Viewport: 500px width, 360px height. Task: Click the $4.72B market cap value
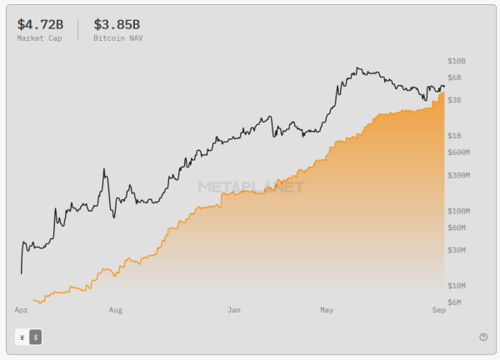pyautogui.click(x=40, y=24)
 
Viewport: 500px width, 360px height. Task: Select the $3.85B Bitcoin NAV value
pyautogui.click(x=117, y=24)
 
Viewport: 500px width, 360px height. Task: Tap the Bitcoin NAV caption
pyautogui.click(x=117, y=38)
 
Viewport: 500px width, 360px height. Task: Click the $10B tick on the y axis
pyautogui.click(x=457, y=62)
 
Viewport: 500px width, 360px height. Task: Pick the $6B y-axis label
pyautogui.click(x=454, y=78)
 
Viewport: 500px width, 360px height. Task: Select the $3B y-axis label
pyautogui.click(x=454, y=100)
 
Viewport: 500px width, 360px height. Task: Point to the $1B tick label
pyautogui.click(x=454, y=135)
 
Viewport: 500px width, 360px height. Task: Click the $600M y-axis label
pyautogui.click(x=459, y=152)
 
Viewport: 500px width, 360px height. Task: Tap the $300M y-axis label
pyautogui.click(x=459, y=176)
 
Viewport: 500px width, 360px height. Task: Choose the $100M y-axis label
pyautogui.click(x=459, y=211)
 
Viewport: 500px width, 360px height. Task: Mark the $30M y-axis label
pyautogui.click(x=457, y=250)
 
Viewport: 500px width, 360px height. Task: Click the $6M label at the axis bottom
pyautogui.click(x=454, y=302)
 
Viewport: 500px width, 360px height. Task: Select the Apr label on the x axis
pyautogui.click(x=22, y=310)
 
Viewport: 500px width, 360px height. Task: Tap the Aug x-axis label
pyautogui.click(x=116, y=310)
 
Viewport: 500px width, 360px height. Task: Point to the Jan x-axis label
pyautogui.click(x=234, y=310)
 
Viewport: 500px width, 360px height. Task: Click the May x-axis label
pyautogui.click(x=327, y=310)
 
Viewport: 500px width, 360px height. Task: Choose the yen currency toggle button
pyautogui.click(x=22, y=337)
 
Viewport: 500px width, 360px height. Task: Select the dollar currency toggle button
pyautogui.click(x=35, y=337)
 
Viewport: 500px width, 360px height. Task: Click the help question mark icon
pyautogui.click(x=483, y=337)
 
